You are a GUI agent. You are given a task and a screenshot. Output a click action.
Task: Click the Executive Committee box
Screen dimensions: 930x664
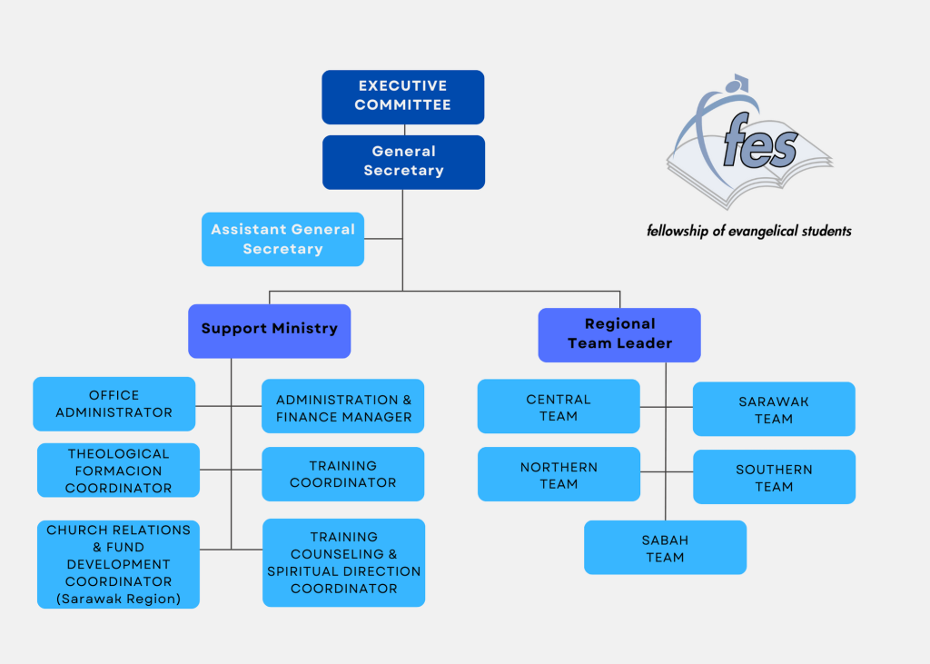[402, 97]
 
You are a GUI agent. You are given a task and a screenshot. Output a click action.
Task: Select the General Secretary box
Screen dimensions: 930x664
[403, 163]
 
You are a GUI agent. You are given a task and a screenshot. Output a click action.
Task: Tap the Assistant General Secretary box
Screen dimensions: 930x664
[283, 239]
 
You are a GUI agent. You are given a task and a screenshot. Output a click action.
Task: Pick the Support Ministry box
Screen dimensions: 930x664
[269, 332]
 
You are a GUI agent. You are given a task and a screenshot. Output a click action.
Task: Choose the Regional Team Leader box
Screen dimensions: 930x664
[619, 335]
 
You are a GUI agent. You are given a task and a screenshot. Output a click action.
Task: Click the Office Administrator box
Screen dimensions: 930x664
[114, 404]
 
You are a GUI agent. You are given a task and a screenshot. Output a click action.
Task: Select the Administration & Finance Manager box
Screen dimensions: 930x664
[342, 406]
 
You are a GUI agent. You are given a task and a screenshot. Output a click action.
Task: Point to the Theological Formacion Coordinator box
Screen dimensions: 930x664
[119, 471]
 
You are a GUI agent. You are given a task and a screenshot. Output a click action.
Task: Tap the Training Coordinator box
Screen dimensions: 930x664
[342, 474]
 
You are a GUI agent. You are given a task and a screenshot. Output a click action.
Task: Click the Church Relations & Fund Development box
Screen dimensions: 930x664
[119, 564]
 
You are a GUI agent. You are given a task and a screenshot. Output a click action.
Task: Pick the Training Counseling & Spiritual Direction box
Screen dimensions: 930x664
[344, 562]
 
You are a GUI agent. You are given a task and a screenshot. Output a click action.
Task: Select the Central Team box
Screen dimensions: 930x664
[559, 406]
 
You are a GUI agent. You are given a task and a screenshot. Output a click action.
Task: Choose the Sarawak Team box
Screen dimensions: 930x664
[774, 409]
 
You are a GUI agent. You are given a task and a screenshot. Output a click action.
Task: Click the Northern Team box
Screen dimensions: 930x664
[559, 474]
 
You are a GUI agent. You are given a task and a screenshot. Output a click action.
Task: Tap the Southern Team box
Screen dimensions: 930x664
[774, 477]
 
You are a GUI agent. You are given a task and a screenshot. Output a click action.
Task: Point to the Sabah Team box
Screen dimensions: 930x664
[666, 548]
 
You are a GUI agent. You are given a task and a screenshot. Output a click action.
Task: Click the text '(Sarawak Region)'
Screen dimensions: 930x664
[119, 599]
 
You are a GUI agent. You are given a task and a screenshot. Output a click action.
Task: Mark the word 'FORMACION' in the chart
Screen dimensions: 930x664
[119, 471]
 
